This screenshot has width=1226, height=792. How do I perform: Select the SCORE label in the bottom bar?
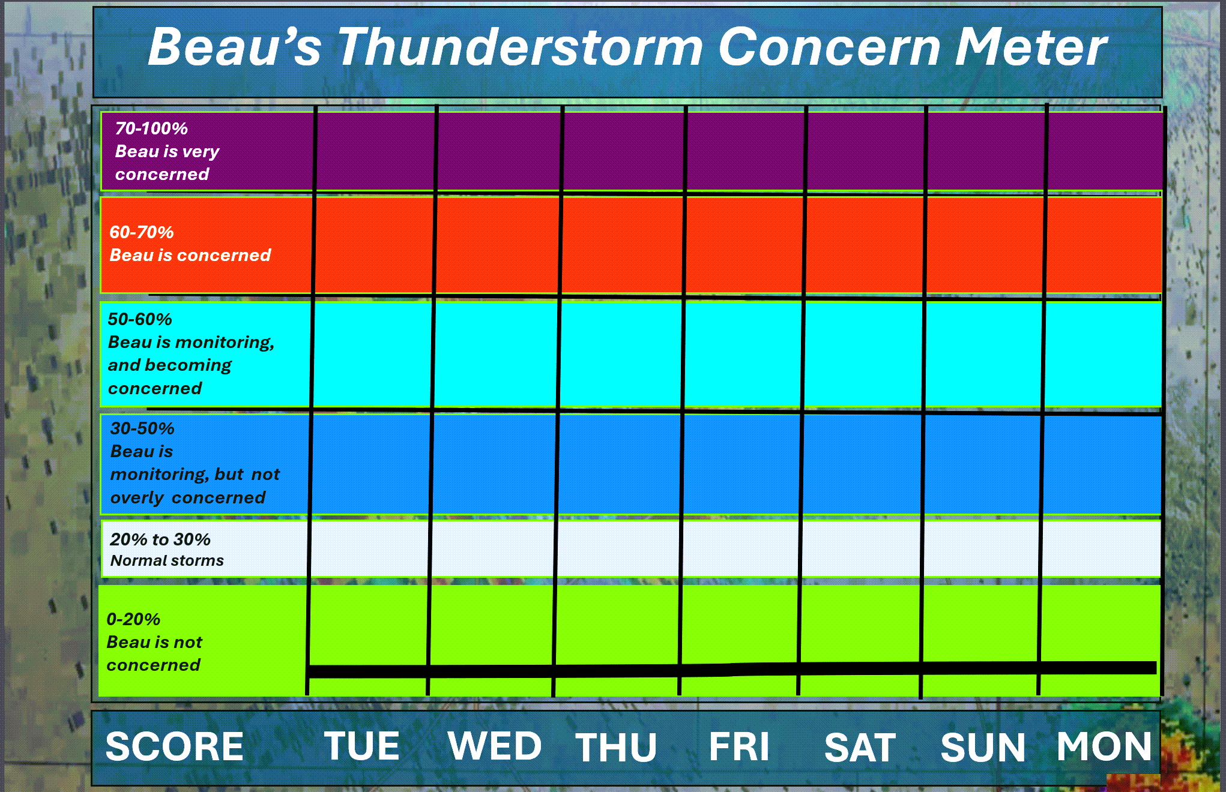pyautogui.click(x=175, y=746)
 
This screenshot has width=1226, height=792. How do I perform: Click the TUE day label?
pyautogui.click(x=362, y=746)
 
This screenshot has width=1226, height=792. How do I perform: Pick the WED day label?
pyautogui.click(x=495, y=746)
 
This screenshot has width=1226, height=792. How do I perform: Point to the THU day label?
pyautogui.click(x=616, y=748)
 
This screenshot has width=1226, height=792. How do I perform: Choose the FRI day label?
pyautogui.click(x=739, y=747)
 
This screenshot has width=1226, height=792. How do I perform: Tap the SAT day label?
pyautogui.click(x=860, y=748)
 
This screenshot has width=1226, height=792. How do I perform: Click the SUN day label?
pyautogui.click(x=983, y=748)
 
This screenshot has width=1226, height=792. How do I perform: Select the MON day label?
pyautogui.click(x=1104, y=746)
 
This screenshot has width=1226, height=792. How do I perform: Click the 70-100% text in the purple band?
pyautogui.click(x=151, y=128)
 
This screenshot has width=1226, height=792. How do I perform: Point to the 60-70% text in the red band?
pyautogui.click(x=142, y=232)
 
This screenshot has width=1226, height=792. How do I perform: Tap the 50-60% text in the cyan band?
pyautogui.click(x=140, y=319)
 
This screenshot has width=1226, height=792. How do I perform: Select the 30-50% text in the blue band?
pyautogui.click(x=142, y=428)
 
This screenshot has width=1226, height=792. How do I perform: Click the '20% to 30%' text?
pyautogui.click(x=160, y=539)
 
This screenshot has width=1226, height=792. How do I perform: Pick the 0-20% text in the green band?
pyautogui.click(x=133, y=619)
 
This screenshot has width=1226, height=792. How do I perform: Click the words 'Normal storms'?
pyautogui.click(x=167, y=560)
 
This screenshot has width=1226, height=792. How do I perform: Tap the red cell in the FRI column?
pyautogui.click(x=744, y=246)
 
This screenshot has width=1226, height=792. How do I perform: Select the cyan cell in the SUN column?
pyautogui.click(x=985, y=354)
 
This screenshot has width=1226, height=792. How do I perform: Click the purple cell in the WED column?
pyautogui.click(x=500, y=151)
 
